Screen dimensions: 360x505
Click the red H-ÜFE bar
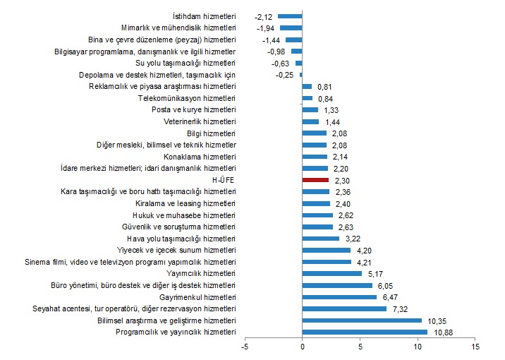click(315, 180)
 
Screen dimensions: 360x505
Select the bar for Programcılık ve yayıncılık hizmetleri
click(365, 332)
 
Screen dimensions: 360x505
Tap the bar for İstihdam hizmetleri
click(290, 16)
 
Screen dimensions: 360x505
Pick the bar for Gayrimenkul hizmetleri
click(339, 297)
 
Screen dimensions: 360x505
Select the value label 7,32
click(400, 308)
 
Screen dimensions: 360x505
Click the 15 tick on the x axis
click(475, 347)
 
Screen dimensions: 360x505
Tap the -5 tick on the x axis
click(245, 347)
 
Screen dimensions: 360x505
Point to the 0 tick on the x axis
click(303, 347)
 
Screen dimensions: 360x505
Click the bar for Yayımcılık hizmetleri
click(332, 273)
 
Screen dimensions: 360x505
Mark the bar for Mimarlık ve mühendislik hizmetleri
click(291, 28)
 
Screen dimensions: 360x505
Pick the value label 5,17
click(375, 273)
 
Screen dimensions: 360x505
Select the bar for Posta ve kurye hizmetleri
click(310, 109)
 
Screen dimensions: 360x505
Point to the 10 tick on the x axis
click(418, 347)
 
